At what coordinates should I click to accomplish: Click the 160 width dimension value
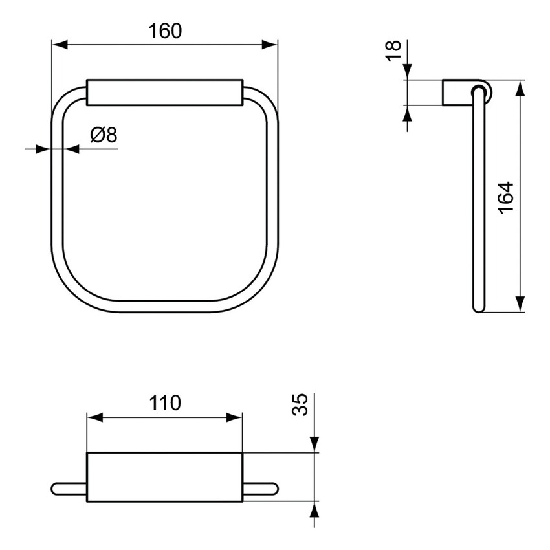pos(164,31)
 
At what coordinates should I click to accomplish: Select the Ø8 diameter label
pos(103,135)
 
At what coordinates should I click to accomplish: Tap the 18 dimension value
pos(393,50)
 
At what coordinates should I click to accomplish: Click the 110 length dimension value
pos(164,404)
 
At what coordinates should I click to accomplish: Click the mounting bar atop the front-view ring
pos(164,92)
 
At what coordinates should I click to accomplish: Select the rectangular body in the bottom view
pos(164,477)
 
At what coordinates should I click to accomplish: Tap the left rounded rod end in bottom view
pos(58,489)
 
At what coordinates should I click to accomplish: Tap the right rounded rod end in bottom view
pos(271,489)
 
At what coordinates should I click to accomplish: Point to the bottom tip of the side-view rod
pos(478,309)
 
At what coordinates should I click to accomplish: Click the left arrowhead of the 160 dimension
pos(59,45)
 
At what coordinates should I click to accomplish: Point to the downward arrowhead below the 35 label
pos(314,444)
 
